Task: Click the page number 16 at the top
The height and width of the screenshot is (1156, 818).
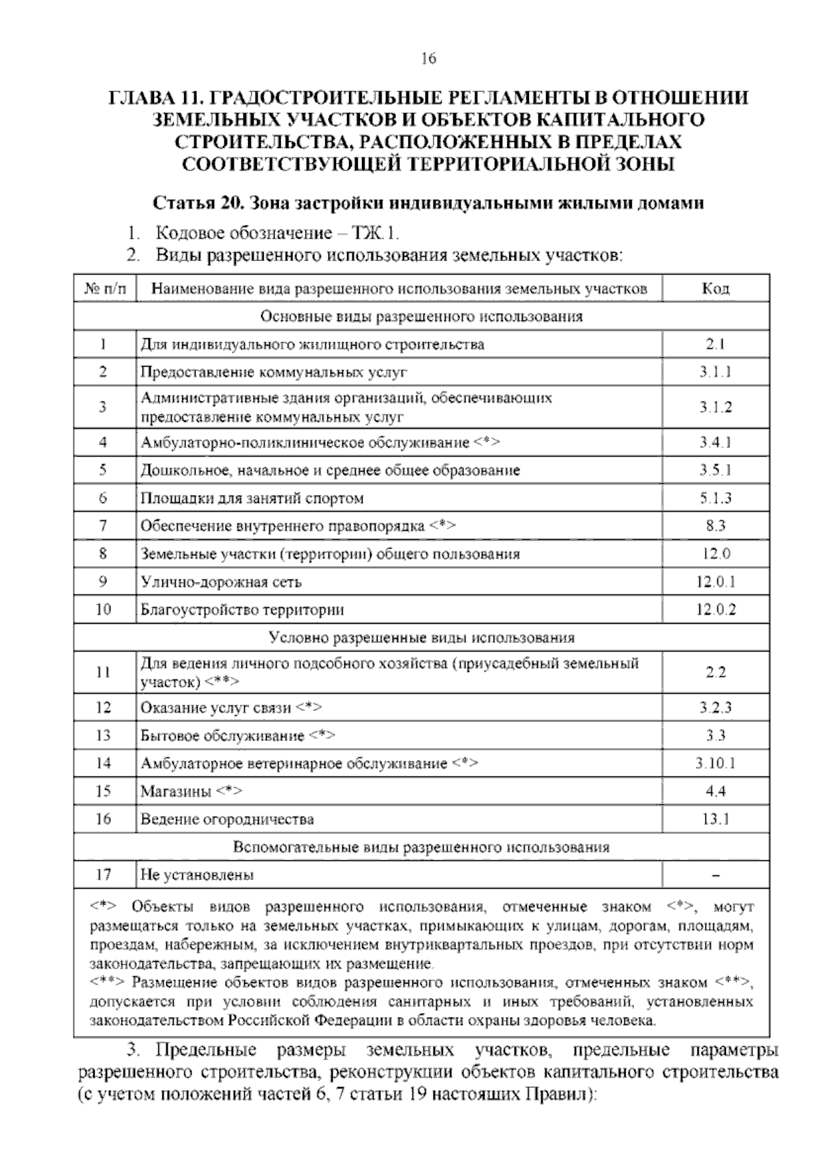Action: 428,59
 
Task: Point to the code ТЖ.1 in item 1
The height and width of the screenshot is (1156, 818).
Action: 374,233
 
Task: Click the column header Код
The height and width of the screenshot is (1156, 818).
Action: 715,288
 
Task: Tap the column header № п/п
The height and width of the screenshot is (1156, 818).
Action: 105,288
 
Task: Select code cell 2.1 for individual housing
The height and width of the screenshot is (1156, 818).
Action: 715,344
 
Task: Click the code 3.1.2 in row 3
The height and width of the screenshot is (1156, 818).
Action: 715,407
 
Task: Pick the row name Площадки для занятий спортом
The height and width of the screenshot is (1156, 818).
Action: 252,498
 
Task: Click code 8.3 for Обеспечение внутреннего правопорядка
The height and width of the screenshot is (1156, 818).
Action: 715,526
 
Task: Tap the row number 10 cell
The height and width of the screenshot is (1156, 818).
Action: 104,609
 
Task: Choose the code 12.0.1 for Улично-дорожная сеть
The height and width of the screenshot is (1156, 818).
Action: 715,582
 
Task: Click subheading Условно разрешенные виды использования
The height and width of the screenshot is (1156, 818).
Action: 421,638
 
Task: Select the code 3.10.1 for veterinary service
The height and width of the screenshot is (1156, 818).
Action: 715,763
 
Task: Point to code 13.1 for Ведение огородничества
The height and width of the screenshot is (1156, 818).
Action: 715,819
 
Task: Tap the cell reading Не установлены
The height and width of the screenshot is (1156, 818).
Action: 198,874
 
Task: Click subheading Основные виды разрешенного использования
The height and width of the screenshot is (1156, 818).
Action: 421,316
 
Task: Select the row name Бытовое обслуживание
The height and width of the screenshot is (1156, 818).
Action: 222,735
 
